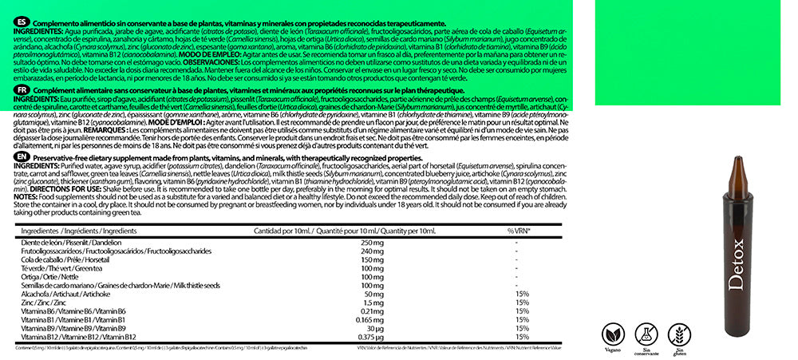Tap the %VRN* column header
pyautogui.click(x=519, y=230)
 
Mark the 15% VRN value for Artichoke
pyautogui.click(x=523, y=294)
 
